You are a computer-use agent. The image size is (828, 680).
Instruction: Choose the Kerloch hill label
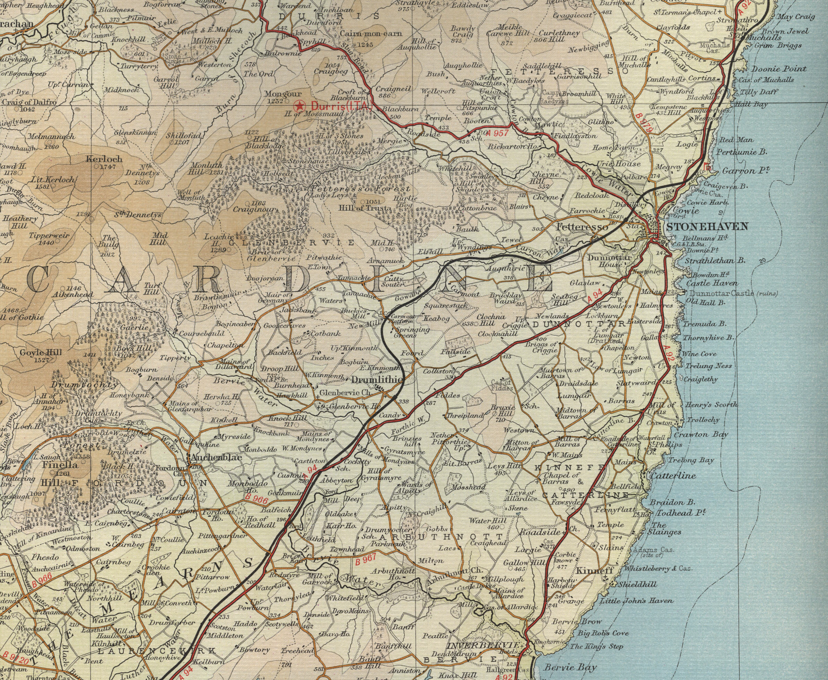104,159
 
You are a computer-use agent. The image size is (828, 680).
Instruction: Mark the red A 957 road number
498,133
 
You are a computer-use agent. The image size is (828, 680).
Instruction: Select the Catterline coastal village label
673,476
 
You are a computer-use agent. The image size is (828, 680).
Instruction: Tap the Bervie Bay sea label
570,667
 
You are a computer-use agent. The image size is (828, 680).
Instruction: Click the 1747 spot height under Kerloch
108,167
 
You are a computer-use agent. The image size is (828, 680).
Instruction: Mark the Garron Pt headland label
745,171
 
